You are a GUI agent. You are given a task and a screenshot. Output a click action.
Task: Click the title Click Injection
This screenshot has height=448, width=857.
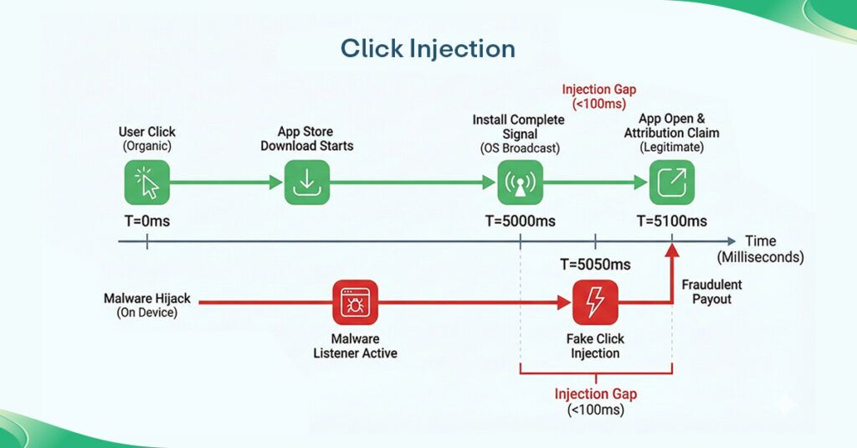pos(428,49)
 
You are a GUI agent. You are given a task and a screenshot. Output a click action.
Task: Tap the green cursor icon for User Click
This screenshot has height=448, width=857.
pos(147,182)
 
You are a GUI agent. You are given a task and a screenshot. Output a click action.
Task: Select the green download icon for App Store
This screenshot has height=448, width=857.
pos(307,182)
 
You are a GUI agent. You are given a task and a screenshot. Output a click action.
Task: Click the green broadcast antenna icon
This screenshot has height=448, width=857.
pos(521,182)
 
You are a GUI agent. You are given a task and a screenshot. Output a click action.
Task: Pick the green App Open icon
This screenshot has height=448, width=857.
pos(672,182)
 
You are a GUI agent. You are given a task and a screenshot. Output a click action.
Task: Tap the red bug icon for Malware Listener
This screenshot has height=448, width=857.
pos(355,302)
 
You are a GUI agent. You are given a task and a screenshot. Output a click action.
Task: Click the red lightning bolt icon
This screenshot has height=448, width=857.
pos(595,302)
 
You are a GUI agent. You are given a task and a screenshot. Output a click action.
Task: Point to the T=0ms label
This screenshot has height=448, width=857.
pos(147,221)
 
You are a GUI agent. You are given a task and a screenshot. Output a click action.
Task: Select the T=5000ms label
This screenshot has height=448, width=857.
pos(521,221)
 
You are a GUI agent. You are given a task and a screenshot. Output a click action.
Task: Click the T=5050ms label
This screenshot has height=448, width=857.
pos(595,265)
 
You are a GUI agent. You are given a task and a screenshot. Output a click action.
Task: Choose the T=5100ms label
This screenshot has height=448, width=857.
pos(672,221)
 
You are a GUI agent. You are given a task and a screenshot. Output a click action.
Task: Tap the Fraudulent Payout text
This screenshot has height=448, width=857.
pos(711,292)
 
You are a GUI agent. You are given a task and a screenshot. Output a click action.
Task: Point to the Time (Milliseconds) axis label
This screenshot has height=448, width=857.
pos(760,250)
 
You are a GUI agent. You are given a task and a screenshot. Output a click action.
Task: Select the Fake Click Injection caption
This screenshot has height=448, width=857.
pos(595,346)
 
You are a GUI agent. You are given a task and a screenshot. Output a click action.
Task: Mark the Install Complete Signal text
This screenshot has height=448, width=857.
pos(518,126)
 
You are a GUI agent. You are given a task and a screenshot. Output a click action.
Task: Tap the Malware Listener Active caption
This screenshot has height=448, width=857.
pos(355,346)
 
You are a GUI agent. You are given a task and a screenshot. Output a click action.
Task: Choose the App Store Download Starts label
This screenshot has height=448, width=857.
pos(306,139)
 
